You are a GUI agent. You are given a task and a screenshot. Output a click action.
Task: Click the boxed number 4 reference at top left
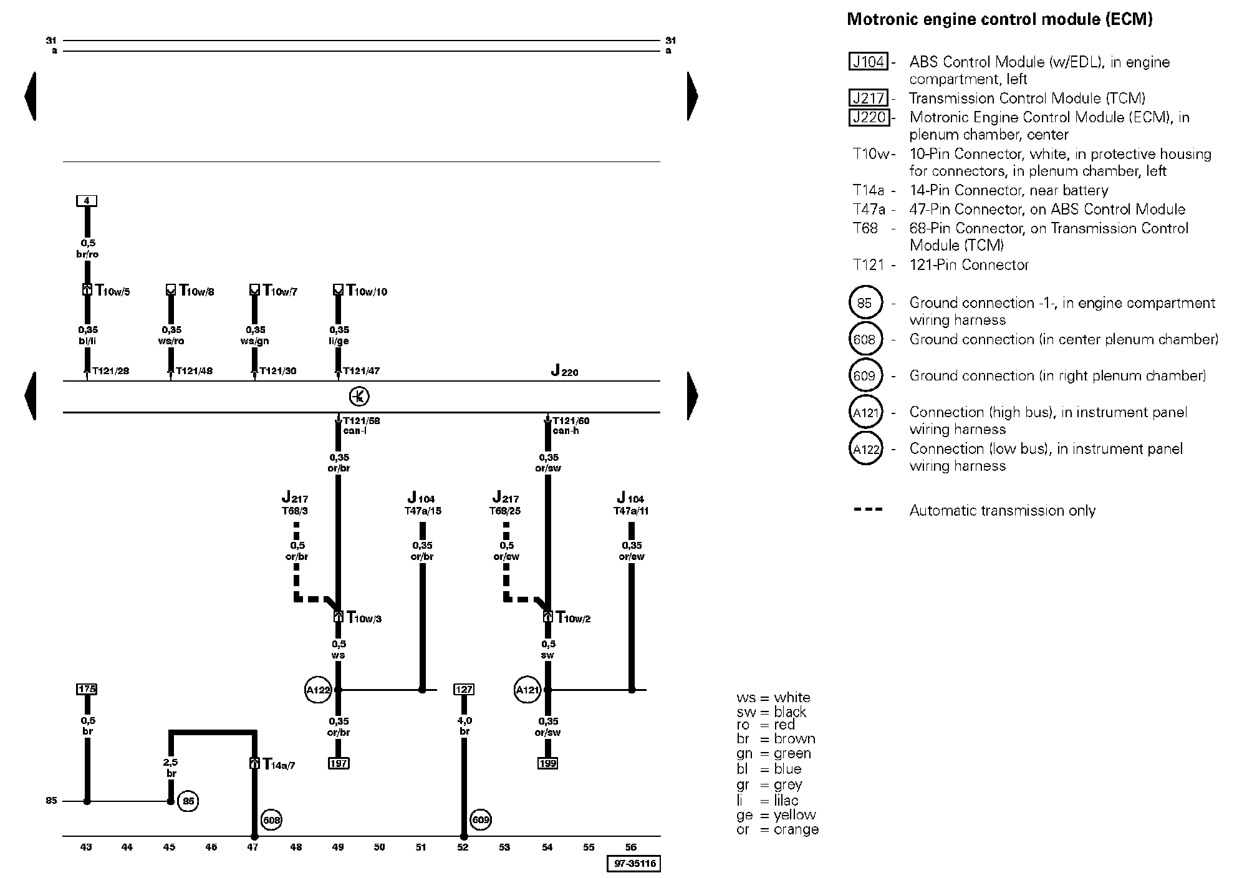tap(87, 201)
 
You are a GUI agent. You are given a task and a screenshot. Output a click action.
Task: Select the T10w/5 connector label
tap(112, 291)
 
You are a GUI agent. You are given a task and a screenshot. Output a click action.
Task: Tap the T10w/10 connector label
tap(367, 291)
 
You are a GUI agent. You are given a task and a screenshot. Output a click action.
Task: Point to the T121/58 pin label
tap(361, 420)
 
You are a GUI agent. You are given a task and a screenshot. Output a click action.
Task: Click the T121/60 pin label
tap(571, 420)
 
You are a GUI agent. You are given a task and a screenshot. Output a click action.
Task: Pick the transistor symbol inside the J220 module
tap(359, 397)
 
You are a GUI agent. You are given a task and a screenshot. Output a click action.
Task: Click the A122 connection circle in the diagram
tap(318, 690)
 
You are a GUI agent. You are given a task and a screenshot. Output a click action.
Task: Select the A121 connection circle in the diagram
tap(527, 690)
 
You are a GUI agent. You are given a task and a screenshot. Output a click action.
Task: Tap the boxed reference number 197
tap(339, 763)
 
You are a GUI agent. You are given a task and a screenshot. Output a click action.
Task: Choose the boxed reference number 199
tap(547, 763)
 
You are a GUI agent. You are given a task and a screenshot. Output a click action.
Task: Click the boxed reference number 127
tap(464, 689)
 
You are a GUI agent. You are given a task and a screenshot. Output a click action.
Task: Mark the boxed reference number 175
tap(87, 689)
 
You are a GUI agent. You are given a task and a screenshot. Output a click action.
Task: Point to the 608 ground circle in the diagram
tap(272, 820)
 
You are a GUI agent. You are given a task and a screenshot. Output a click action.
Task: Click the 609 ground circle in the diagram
tap(481, 820)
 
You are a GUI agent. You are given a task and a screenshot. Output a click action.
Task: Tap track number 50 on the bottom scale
tap(380, 847)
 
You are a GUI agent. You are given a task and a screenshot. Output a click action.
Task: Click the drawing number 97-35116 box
tap(633, 864)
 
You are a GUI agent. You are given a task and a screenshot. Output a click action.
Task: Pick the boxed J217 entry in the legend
tap(869, 98)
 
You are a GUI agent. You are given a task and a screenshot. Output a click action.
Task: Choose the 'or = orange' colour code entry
tap(778, 829)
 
